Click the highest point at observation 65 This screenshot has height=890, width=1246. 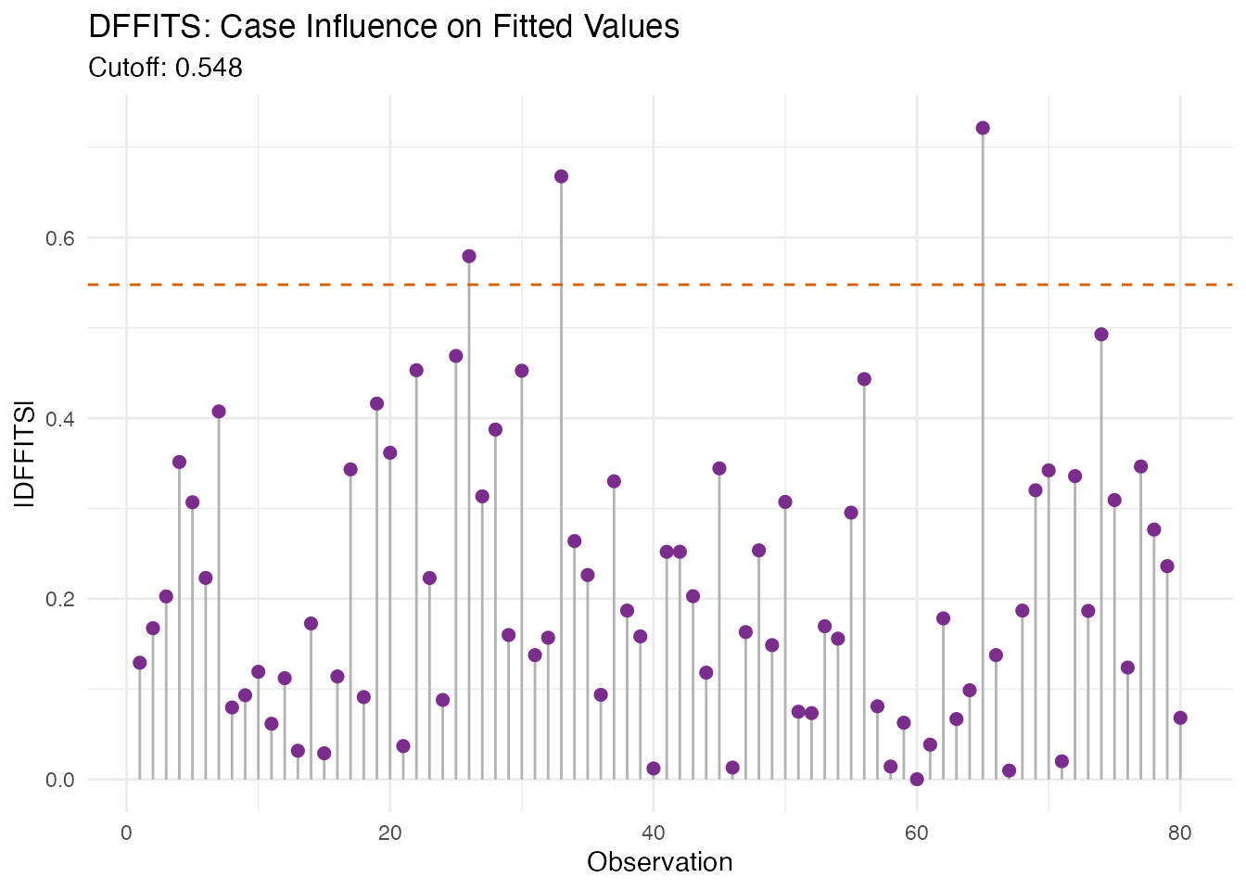(x=983, y=128)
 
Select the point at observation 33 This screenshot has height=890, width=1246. (x=561, y=176)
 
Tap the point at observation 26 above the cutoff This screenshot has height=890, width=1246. (x=469, y=256)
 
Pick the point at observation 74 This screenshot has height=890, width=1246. (x=1101, y=335)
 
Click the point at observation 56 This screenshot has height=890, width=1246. (x=864, y=378)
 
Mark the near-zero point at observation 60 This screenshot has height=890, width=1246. (x=917, y=779)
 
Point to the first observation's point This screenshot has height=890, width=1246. (x=140, y=663)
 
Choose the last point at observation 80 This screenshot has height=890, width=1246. (x=1180, y=718)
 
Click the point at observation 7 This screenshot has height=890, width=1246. (x=219, y=412)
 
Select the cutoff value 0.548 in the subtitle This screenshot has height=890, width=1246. (x=209, y=68)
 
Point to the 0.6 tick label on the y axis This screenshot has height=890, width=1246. (x=59, y=238)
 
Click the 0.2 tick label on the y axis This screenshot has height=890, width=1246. (x=59, y=599)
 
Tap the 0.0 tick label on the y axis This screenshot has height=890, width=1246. (x=59, y=780)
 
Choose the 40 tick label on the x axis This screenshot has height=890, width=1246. (x=654, y=833)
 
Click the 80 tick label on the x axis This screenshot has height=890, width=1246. (x=1180, y=833)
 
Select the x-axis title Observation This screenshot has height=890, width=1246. (x=660, y=862)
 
